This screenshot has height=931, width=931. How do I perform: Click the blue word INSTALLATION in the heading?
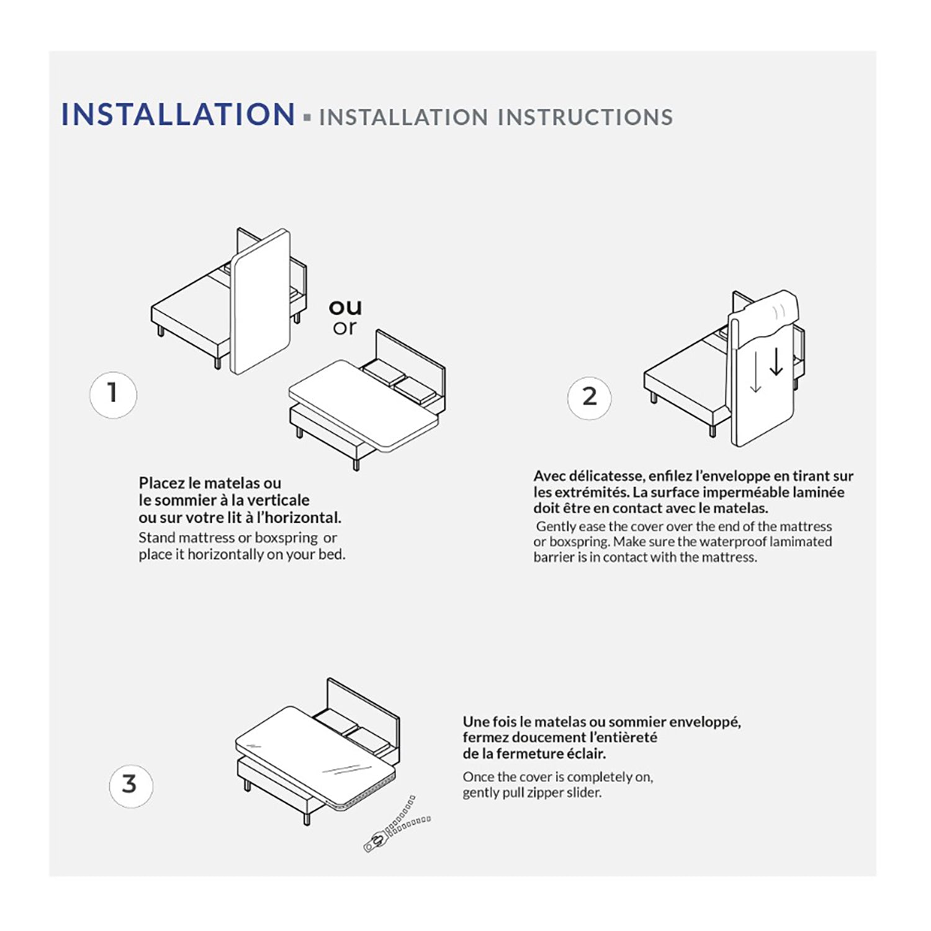[178, 115]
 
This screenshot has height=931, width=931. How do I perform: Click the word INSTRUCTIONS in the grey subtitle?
[585, 117]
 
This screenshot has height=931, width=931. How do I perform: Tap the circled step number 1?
[112, 394]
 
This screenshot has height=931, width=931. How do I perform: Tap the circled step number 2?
[589, 397]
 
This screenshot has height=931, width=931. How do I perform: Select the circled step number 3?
[130, 785]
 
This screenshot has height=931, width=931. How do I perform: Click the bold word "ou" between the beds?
[345, 307]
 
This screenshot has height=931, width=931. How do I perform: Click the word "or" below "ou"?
[344, 328]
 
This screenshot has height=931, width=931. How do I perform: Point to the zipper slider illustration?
[376, 843]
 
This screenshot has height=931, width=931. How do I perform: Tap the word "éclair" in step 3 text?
[586, 754]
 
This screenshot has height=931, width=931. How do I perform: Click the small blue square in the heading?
[307, 117]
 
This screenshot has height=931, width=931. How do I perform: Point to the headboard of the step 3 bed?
[363, 701]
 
